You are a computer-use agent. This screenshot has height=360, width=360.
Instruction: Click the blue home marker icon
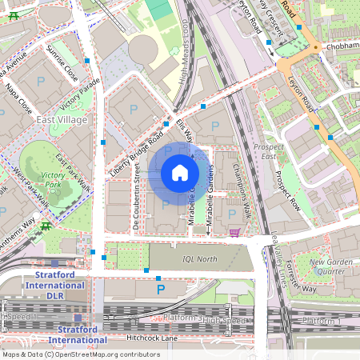(180, 172)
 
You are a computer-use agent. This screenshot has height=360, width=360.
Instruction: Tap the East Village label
(62, 119)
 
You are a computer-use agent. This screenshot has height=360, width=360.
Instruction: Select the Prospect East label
(269, 152)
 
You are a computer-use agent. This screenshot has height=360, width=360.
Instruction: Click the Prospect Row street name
(288, 191)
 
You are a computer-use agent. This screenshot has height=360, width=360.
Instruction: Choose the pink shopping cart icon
(234, 233)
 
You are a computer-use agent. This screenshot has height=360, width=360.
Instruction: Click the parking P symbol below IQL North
(160, 288)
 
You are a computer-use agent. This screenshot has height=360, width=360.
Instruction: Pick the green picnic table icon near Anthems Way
(47, 226)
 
